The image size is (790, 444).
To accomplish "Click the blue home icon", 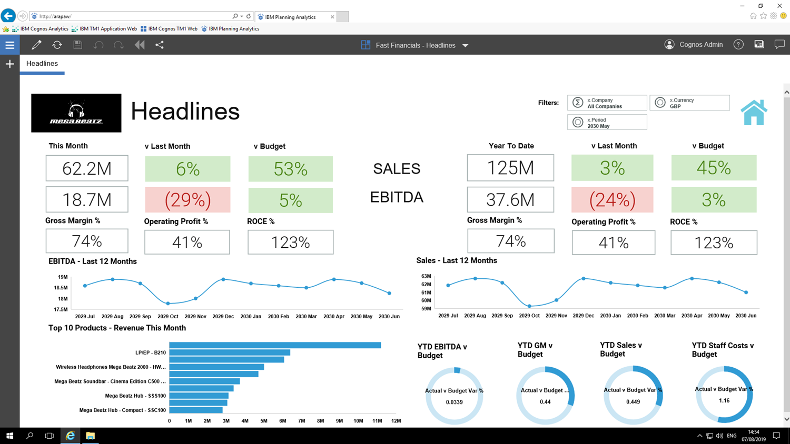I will (x=754, y=112).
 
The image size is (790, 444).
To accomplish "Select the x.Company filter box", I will (x=607, y=103).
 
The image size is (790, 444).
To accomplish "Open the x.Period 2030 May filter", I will (x=607, y=123).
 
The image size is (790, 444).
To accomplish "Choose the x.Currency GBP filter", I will (x=689, y=103).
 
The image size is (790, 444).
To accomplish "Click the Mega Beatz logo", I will (x=76, y=113).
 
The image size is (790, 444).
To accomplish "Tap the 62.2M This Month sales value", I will (x=87, y=169).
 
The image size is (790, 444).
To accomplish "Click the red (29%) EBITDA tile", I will (x=187, y=200).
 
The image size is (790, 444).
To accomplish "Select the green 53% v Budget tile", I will (x=290, y=169).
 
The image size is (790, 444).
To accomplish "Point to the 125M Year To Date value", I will (x=510, y=168).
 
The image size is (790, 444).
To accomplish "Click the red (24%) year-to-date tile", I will (x=612, y=200).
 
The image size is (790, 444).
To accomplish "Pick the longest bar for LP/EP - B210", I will (x=275, y=346).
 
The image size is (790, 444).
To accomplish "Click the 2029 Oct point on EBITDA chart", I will (x=168, y=304).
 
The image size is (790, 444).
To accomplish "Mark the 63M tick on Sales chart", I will (x=426, y=276).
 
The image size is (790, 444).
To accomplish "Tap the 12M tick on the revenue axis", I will (x=396, y=421).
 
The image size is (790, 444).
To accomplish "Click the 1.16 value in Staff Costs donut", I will (x=724, y=401).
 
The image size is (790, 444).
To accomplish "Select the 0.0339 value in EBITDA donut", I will (x=454, y=402).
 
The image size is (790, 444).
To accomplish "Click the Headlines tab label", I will (x=42, y=64).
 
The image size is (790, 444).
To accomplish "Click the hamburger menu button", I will (x=9, y=45).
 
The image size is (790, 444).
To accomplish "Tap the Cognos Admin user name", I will (x=700, y=45).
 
